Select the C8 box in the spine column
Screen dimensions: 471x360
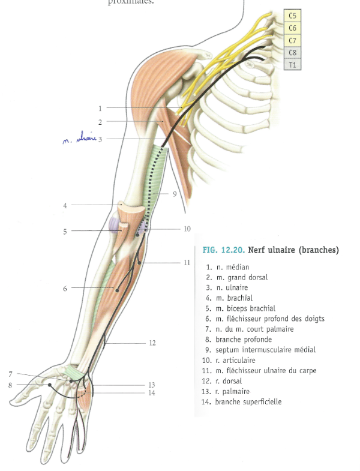pos(292,52)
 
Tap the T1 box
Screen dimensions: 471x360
pos(292,64)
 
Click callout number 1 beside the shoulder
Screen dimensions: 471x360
pos(100,109)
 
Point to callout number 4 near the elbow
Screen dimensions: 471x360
pos(65,205)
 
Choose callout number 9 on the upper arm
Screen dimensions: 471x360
pos(174,194)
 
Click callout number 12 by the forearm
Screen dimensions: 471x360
pos(152,343)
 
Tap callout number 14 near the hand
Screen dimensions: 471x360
pos(152,393)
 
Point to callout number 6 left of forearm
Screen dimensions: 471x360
pos(65,289)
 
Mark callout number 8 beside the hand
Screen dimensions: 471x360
pos(10,385)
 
